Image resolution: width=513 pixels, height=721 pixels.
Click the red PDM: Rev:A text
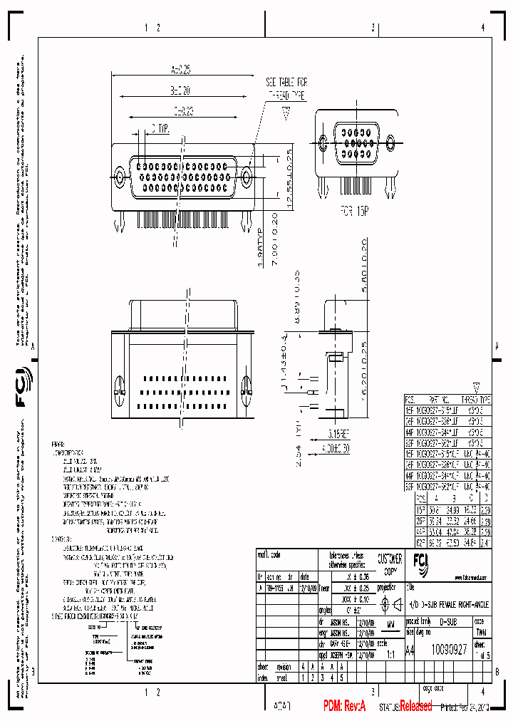[x=345, y=706]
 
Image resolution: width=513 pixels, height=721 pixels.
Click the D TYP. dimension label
[x=158, y=129]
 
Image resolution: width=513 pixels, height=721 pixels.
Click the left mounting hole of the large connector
[x=119, y=175]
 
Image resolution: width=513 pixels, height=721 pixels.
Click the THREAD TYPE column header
[x=476, y=400]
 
